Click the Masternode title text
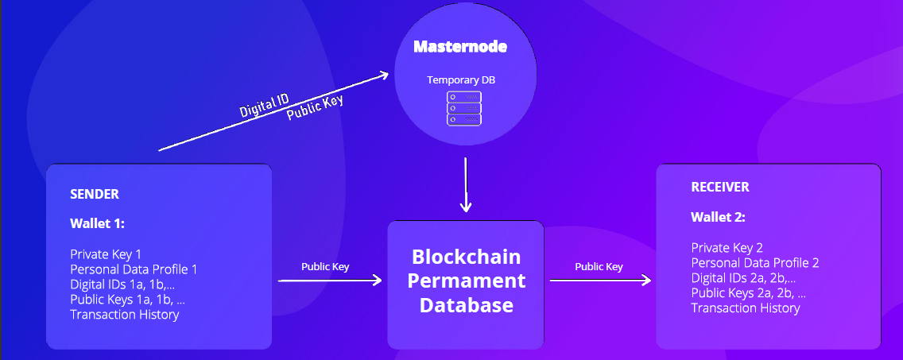pos(460,47)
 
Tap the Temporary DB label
pos(460,80)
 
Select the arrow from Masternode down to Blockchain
pos(466,184)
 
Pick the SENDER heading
pos(95,194)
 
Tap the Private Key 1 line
pos(106,254)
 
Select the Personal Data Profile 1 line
pos(134,269)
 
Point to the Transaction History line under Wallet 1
pos(124,315)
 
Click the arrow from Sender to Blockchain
pos(330,281)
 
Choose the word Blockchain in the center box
pos(466,257)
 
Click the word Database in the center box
pos(466,305)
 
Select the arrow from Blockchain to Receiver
pos(600,280)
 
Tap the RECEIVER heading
pos(720,188)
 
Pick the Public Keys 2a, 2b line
pos(748,292)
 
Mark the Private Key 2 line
pos(727,247)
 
